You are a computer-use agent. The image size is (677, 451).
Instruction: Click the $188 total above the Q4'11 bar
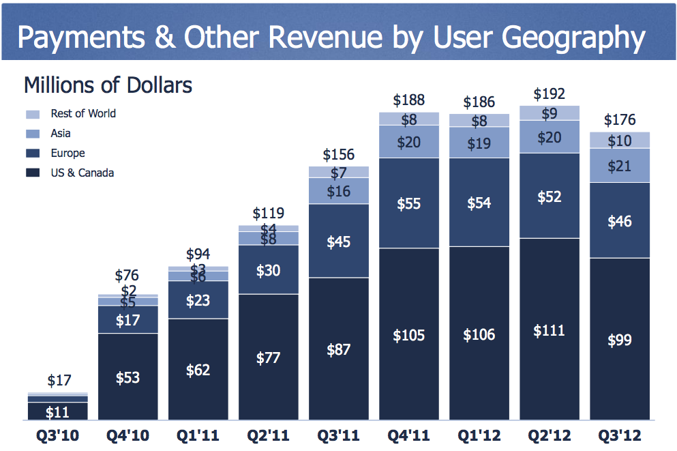[x=409, y=100]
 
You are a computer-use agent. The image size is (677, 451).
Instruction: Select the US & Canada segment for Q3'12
[x=620, y=339]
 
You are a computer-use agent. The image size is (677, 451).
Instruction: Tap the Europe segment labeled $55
[x=409, y=203]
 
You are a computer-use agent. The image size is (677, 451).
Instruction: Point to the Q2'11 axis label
[x=268, y=435]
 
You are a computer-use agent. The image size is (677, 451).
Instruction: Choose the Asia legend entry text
[x=61, y=134]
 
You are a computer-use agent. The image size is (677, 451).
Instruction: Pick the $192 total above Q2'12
[x=550, y=93]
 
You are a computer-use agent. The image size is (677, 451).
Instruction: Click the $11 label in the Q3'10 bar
[x=58, y=412]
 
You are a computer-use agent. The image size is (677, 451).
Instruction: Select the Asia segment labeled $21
[x=620, y=165]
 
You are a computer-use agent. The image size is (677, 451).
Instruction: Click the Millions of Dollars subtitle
[x=108, y=85]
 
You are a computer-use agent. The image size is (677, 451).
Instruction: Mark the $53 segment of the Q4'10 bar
[x=127, y=377]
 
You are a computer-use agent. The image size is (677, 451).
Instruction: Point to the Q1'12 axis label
[x=479, y=435]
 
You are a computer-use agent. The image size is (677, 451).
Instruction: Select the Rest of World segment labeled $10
[x=620, y=141]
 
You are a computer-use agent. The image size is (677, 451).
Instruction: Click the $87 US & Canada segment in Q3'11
[x=339, y=349]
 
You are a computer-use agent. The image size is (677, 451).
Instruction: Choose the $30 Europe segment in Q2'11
[x=268, y=270]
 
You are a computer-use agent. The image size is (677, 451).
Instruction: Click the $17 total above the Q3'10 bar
[x=59, y=381]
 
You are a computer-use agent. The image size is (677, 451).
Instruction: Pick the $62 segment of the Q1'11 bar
[x=198, y=370]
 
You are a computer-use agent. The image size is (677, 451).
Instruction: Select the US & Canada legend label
[x=82, y=173]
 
